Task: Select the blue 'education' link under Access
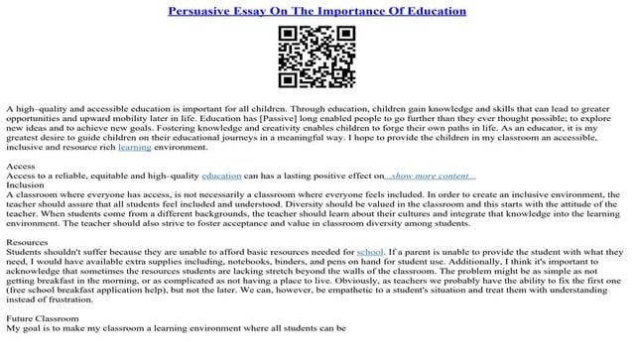click(x=221, y=176)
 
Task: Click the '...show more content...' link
click(x=432, y=176)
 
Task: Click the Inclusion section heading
click(x=25, y=184)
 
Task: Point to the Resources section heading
click(x=28, y=242)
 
